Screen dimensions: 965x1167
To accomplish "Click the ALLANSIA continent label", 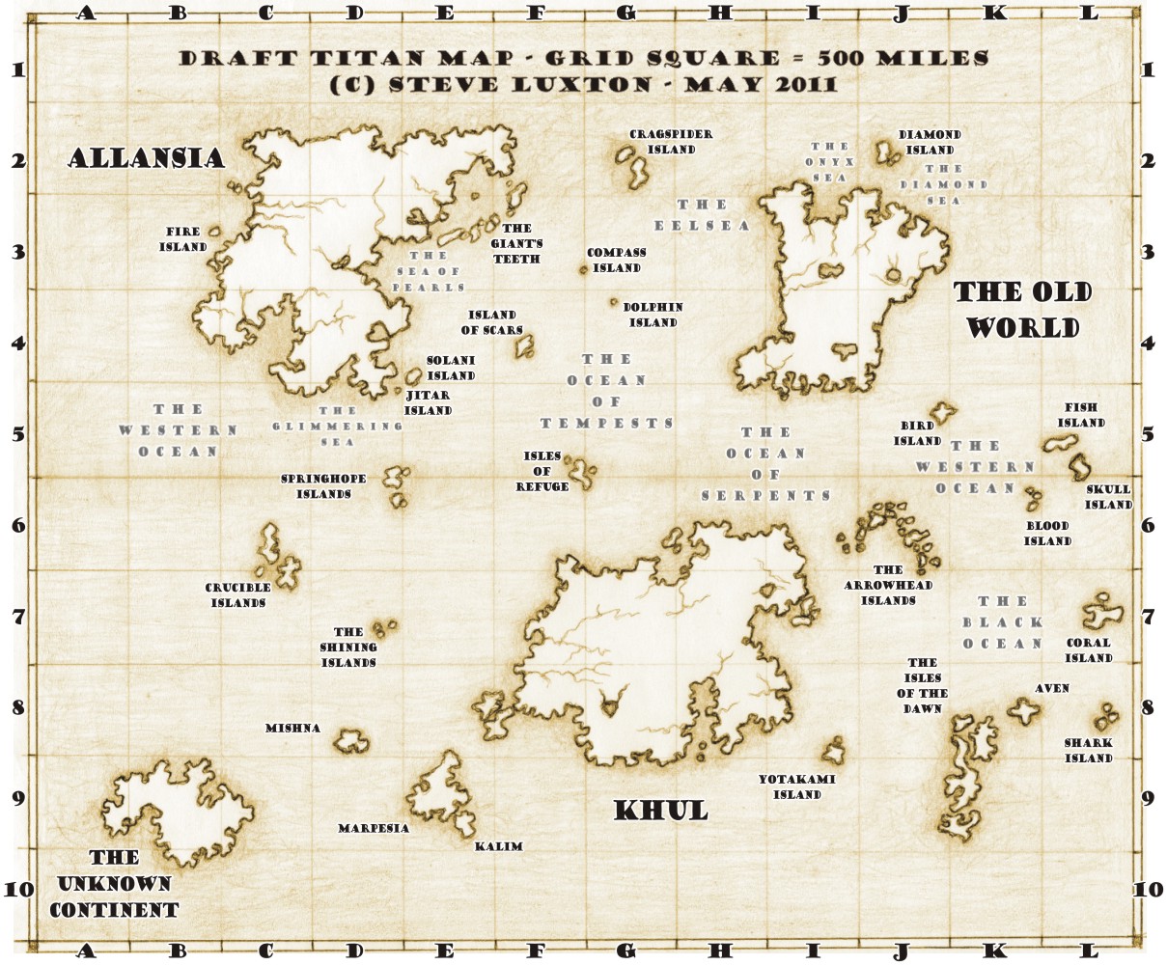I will pyautogui.click(x=146, y=158).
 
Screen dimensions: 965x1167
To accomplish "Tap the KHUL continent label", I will pyautogui.click(x=661, y=811).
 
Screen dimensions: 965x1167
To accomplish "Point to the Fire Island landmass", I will pyautogui.click(x=214, y=232).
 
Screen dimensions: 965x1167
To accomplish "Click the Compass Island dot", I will pyautogui.click(x=583, y=270).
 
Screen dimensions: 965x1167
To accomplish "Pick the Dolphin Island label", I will pyautogui.click(x=653, y=315).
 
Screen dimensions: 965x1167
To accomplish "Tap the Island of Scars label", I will pyautogui.click(x=491, y=322).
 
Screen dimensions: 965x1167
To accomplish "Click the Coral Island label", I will pyautogui.click(x=1089, y=649).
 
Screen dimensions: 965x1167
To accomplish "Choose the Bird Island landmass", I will pyautogui.click(x=941, y=413).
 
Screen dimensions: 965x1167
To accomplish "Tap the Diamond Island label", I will pyautogui.click(x=930, y=142).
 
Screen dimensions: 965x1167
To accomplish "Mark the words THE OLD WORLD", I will pyautogui.click(x=1022, y=310).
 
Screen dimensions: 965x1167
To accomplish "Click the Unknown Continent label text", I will pyautogui.click(x=114, y=883).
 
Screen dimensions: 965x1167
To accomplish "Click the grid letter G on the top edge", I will pyautogui.click(x=625, y=13).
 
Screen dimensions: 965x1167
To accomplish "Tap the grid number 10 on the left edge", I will pyautogui.click(x=19, y=889).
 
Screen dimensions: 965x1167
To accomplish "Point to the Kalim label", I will pyautogui.click(x=498, y=846).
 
